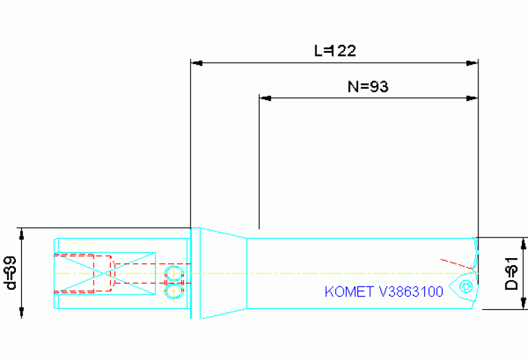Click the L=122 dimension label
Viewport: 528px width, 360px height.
click(335, 50)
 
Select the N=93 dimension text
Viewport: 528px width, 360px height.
click(368, 86)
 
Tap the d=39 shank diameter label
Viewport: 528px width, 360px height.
click(10, 273)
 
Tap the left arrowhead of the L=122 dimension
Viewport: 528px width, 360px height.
click(196, 63)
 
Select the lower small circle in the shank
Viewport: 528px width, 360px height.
click(173, 293)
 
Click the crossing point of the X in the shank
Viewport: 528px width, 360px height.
click(105, 273)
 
